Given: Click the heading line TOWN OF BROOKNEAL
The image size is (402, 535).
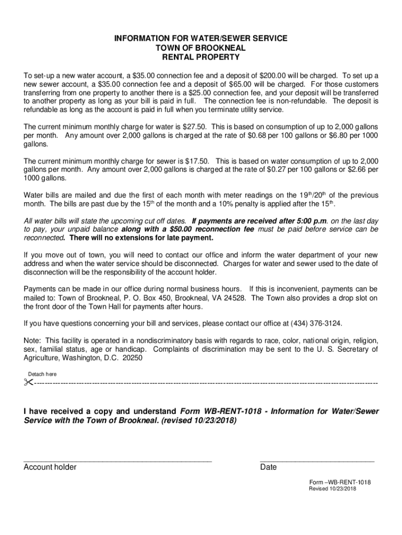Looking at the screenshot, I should coord(201,48).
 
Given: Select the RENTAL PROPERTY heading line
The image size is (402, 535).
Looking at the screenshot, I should coord(201,57).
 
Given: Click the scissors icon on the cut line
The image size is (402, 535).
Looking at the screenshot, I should coord(28,383).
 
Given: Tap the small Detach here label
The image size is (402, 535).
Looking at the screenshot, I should coord(42,374).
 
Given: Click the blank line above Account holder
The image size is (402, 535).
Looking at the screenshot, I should coord(117,460).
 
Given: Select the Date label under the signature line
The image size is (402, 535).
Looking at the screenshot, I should coord(268,467).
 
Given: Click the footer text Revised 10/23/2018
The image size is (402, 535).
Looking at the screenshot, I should coord(332,489).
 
